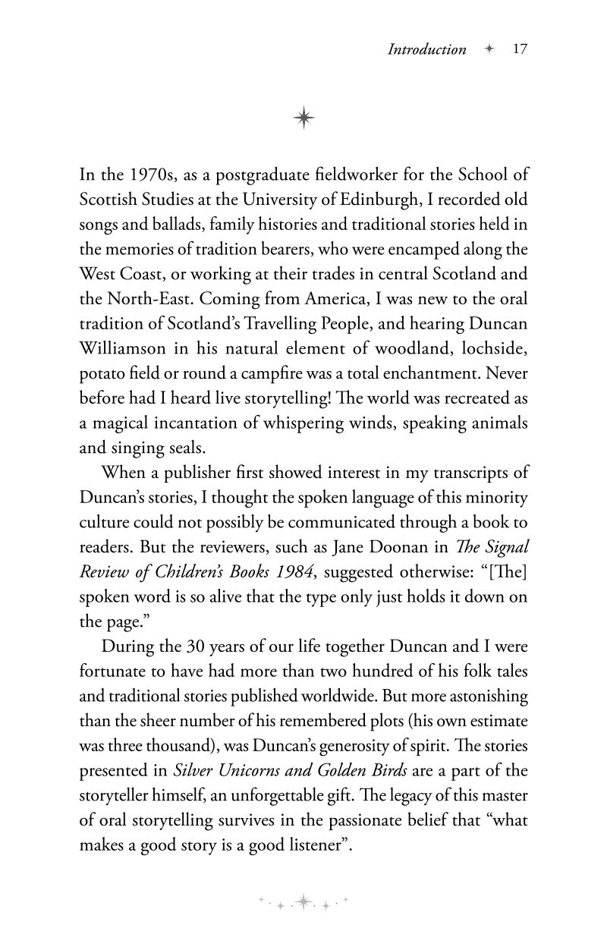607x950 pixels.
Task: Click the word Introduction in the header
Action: [427, 50]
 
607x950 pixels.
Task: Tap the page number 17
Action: [520, 49]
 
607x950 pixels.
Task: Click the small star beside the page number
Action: [489, 49]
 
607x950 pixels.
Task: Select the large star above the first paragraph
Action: [303, 117]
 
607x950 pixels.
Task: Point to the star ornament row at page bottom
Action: [303, 901]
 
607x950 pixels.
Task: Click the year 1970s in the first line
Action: [148, 175]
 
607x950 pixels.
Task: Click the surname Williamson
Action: [122, 348]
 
